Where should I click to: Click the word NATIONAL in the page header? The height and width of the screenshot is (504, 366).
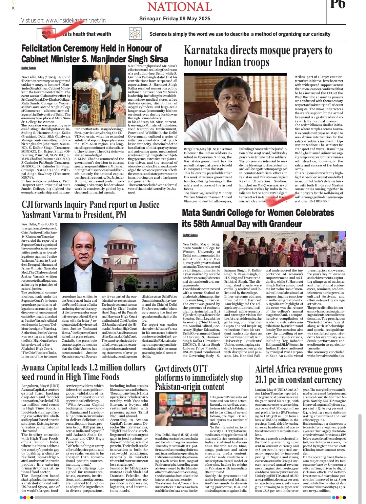click(180, 6)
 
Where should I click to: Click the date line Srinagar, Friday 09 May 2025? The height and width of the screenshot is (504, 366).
click(175, 19)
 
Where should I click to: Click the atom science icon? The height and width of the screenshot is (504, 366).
click(136, 34)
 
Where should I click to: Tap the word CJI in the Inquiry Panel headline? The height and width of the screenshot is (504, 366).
click(29, 205)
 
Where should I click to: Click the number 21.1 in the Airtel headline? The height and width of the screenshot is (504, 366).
click(262, 380)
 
